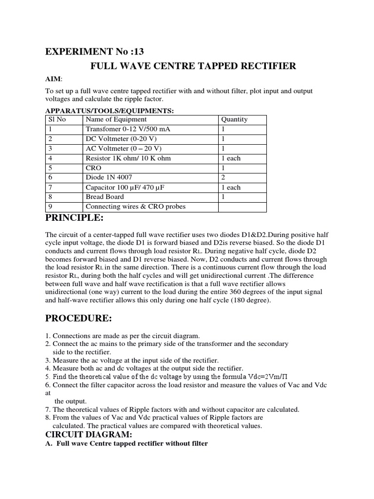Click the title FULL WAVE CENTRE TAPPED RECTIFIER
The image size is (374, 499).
pos(193,66)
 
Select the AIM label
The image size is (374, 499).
pos(54,79)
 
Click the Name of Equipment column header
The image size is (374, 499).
pos(116,119)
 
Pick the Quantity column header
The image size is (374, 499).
pos(234,119)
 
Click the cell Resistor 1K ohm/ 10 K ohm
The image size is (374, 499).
pos(128,158)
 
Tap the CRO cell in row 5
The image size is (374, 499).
pos(93,168)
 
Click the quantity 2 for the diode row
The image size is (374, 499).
pos(224,178)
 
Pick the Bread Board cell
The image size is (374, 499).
pos(105,197)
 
